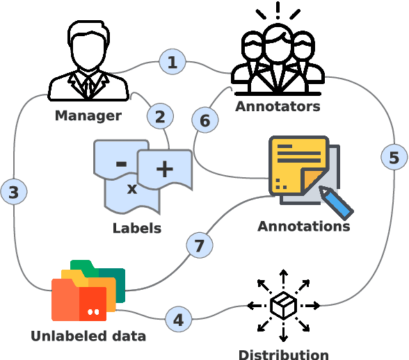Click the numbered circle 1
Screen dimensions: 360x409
[173, 62]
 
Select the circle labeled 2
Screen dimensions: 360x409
[160, 116]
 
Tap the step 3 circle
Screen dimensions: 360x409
[14, 191]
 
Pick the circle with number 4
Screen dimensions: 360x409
[179, 320]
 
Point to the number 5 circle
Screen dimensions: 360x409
[394, 158]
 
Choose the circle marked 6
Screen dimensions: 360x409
[205, 121]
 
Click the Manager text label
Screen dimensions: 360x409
[88, 115]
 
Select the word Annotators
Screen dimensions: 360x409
[278, 106]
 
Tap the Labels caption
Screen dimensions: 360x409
[137, 228]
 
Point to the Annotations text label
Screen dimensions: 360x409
[303, 227]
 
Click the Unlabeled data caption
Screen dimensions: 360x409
[88, 337]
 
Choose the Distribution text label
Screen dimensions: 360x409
[283, 354]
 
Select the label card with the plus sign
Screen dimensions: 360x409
[165, 169]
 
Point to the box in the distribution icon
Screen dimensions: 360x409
[283, 306]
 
